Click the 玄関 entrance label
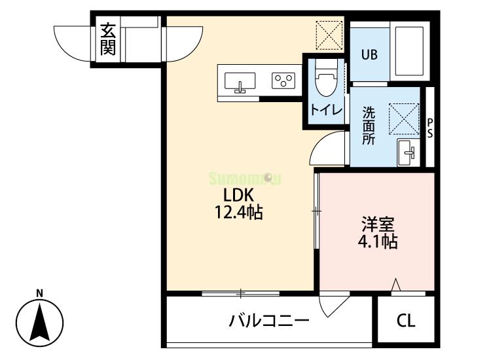[x=108, y=39]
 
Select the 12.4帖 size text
[x=238, y=212]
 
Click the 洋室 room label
[x=378, y=224]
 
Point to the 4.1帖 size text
[x=378, y=242]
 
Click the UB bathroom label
[x=369, y=55]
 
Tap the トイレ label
[x=326, y=110]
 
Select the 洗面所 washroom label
[x=369, y=125]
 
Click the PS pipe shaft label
[x=430, y=127]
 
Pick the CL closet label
[x=406, y=321]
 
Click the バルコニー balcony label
[x=268, y=321]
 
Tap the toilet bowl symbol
[x=325, y=81]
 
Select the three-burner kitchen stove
[x=283, y=81]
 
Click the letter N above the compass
[x=39, y=293]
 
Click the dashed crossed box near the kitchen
[x=329, y=34]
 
